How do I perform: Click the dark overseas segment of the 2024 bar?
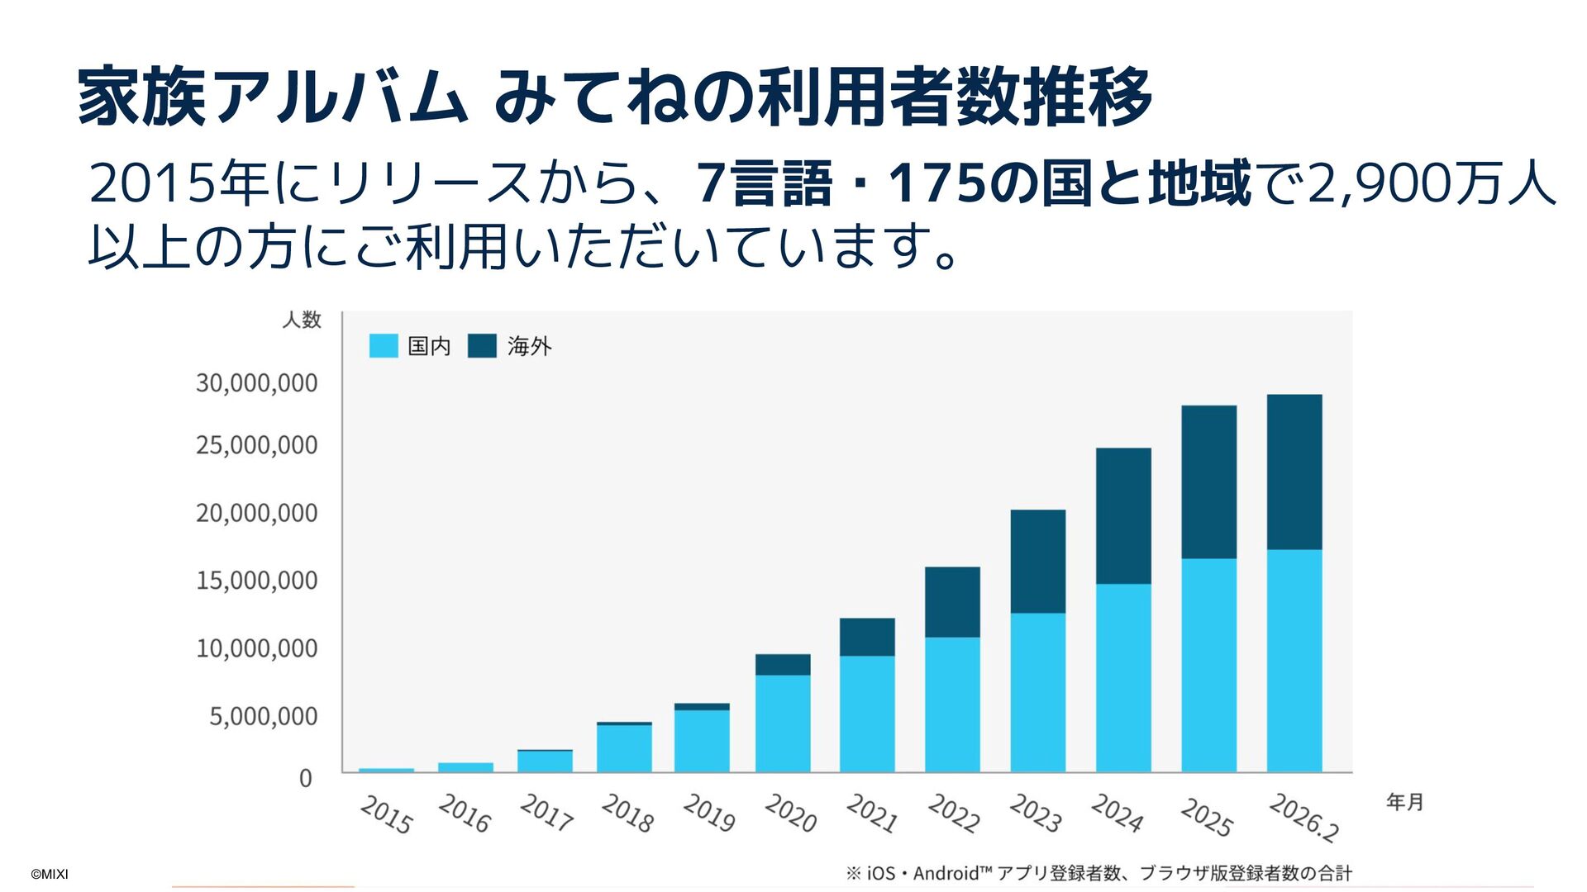pos(1123,516)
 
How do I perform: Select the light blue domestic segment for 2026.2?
pos(1294,661)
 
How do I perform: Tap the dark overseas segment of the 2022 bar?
pos(952,602)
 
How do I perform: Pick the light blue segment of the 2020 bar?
pos(783,724)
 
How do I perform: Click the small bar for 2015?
pos(386,770)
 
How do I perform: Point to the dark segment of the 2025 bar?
pos(1208,482)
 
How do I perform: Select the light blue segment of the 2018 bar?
pos(624,748)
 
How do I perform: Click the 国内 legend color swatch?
pos(384,346)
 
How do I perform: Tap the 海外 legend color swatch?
pos(482,346)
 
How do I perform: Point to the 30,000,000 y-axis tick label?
pos(256,383)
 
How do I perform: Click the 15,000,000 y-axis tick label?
pos(256,581)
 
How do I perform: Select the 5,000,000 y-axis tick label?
pos(263,716)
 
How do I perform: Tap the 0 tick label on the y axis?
pos(305,778)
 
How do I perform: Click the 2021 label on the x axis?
pos(871,813)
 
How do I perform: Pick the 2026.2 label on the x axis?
pos(1303,817)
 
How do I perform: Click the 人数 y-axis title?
pos(302,320)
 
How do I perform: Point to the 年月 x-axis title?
pos(1404,801)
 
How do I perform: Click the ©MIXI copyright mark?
pos(50,874)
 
